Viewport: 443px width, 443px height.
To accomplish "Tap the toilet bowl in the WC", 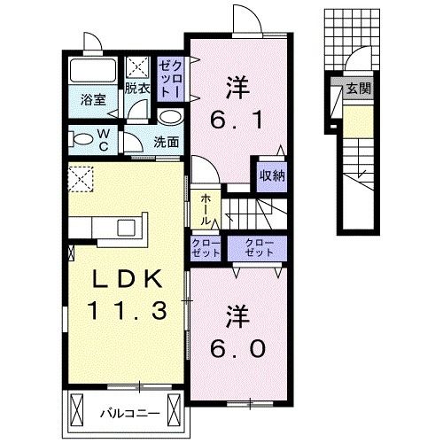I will click(82, 138).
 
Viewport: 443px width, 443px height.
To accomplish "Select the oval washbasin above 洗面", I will click(170, 118).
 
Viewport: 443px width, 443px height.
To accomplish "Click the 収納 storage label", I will click(272, 175).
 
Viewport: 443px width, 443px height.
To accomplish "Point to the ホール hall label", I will click(206, 211).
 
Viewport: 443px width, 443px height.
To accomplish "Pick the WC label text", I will click(103, 138).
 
